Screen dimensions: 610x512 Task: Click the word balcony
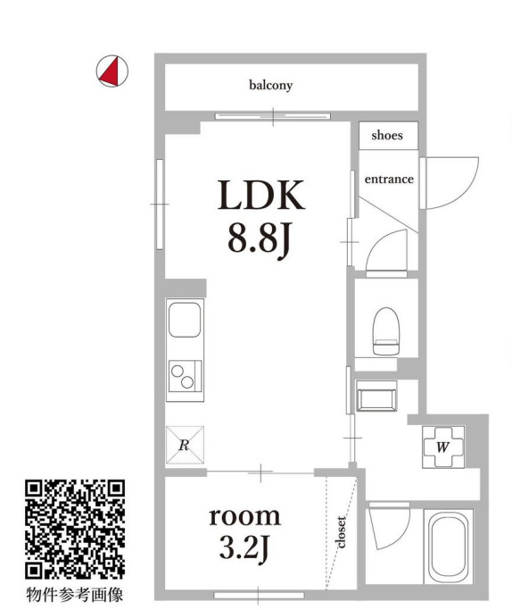pyautogui.click(x=271, y=86)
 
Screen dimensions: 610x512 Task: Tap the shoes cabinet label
pyautogui.click(x=387, y=136)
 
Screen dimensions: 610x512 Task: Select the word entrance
pyautogui.click(x=388, y=179)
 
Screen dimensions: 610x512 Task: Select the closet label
pyautogui.click(x=342, y=531)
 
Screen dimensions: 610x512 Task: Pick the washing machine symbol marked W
pyautogui.click(x=442, y=448)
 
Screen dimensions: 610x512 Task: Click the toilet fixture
pyautogui.click(x=385, y=330)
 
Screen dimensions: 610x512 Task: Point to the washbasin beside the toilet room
pyautogui.click(x=375, y=395)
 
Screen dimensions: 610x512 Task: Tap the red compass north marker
pyautogui.click(x=111, y=71)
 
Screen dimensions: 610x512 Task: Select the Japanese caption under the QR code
pyautogui.click(x=74, y=593)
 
